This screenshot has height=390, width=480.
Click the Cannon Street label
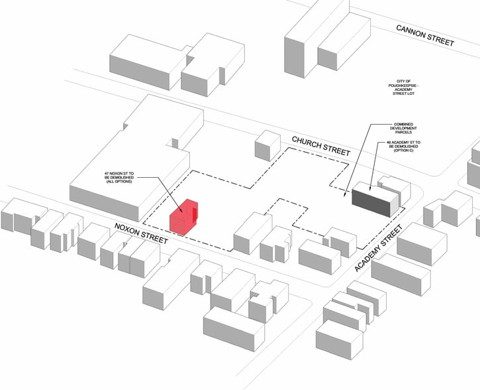[x=426, y=35]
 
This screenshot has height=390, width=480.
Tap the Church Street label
[x=320, y=146]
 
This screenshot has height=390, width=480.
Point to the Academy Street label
[x=379, y=249]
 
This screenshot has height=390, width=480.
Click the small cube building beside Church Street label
[x=267, y=145]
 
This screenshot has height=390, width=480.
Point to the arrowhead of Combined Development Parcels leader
[x=346, y=196]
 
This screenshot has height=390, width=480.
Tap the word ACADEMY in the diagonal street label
[x=371, y=256]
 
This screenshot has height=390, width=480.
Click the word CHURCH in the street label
[x=307, y=142]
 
